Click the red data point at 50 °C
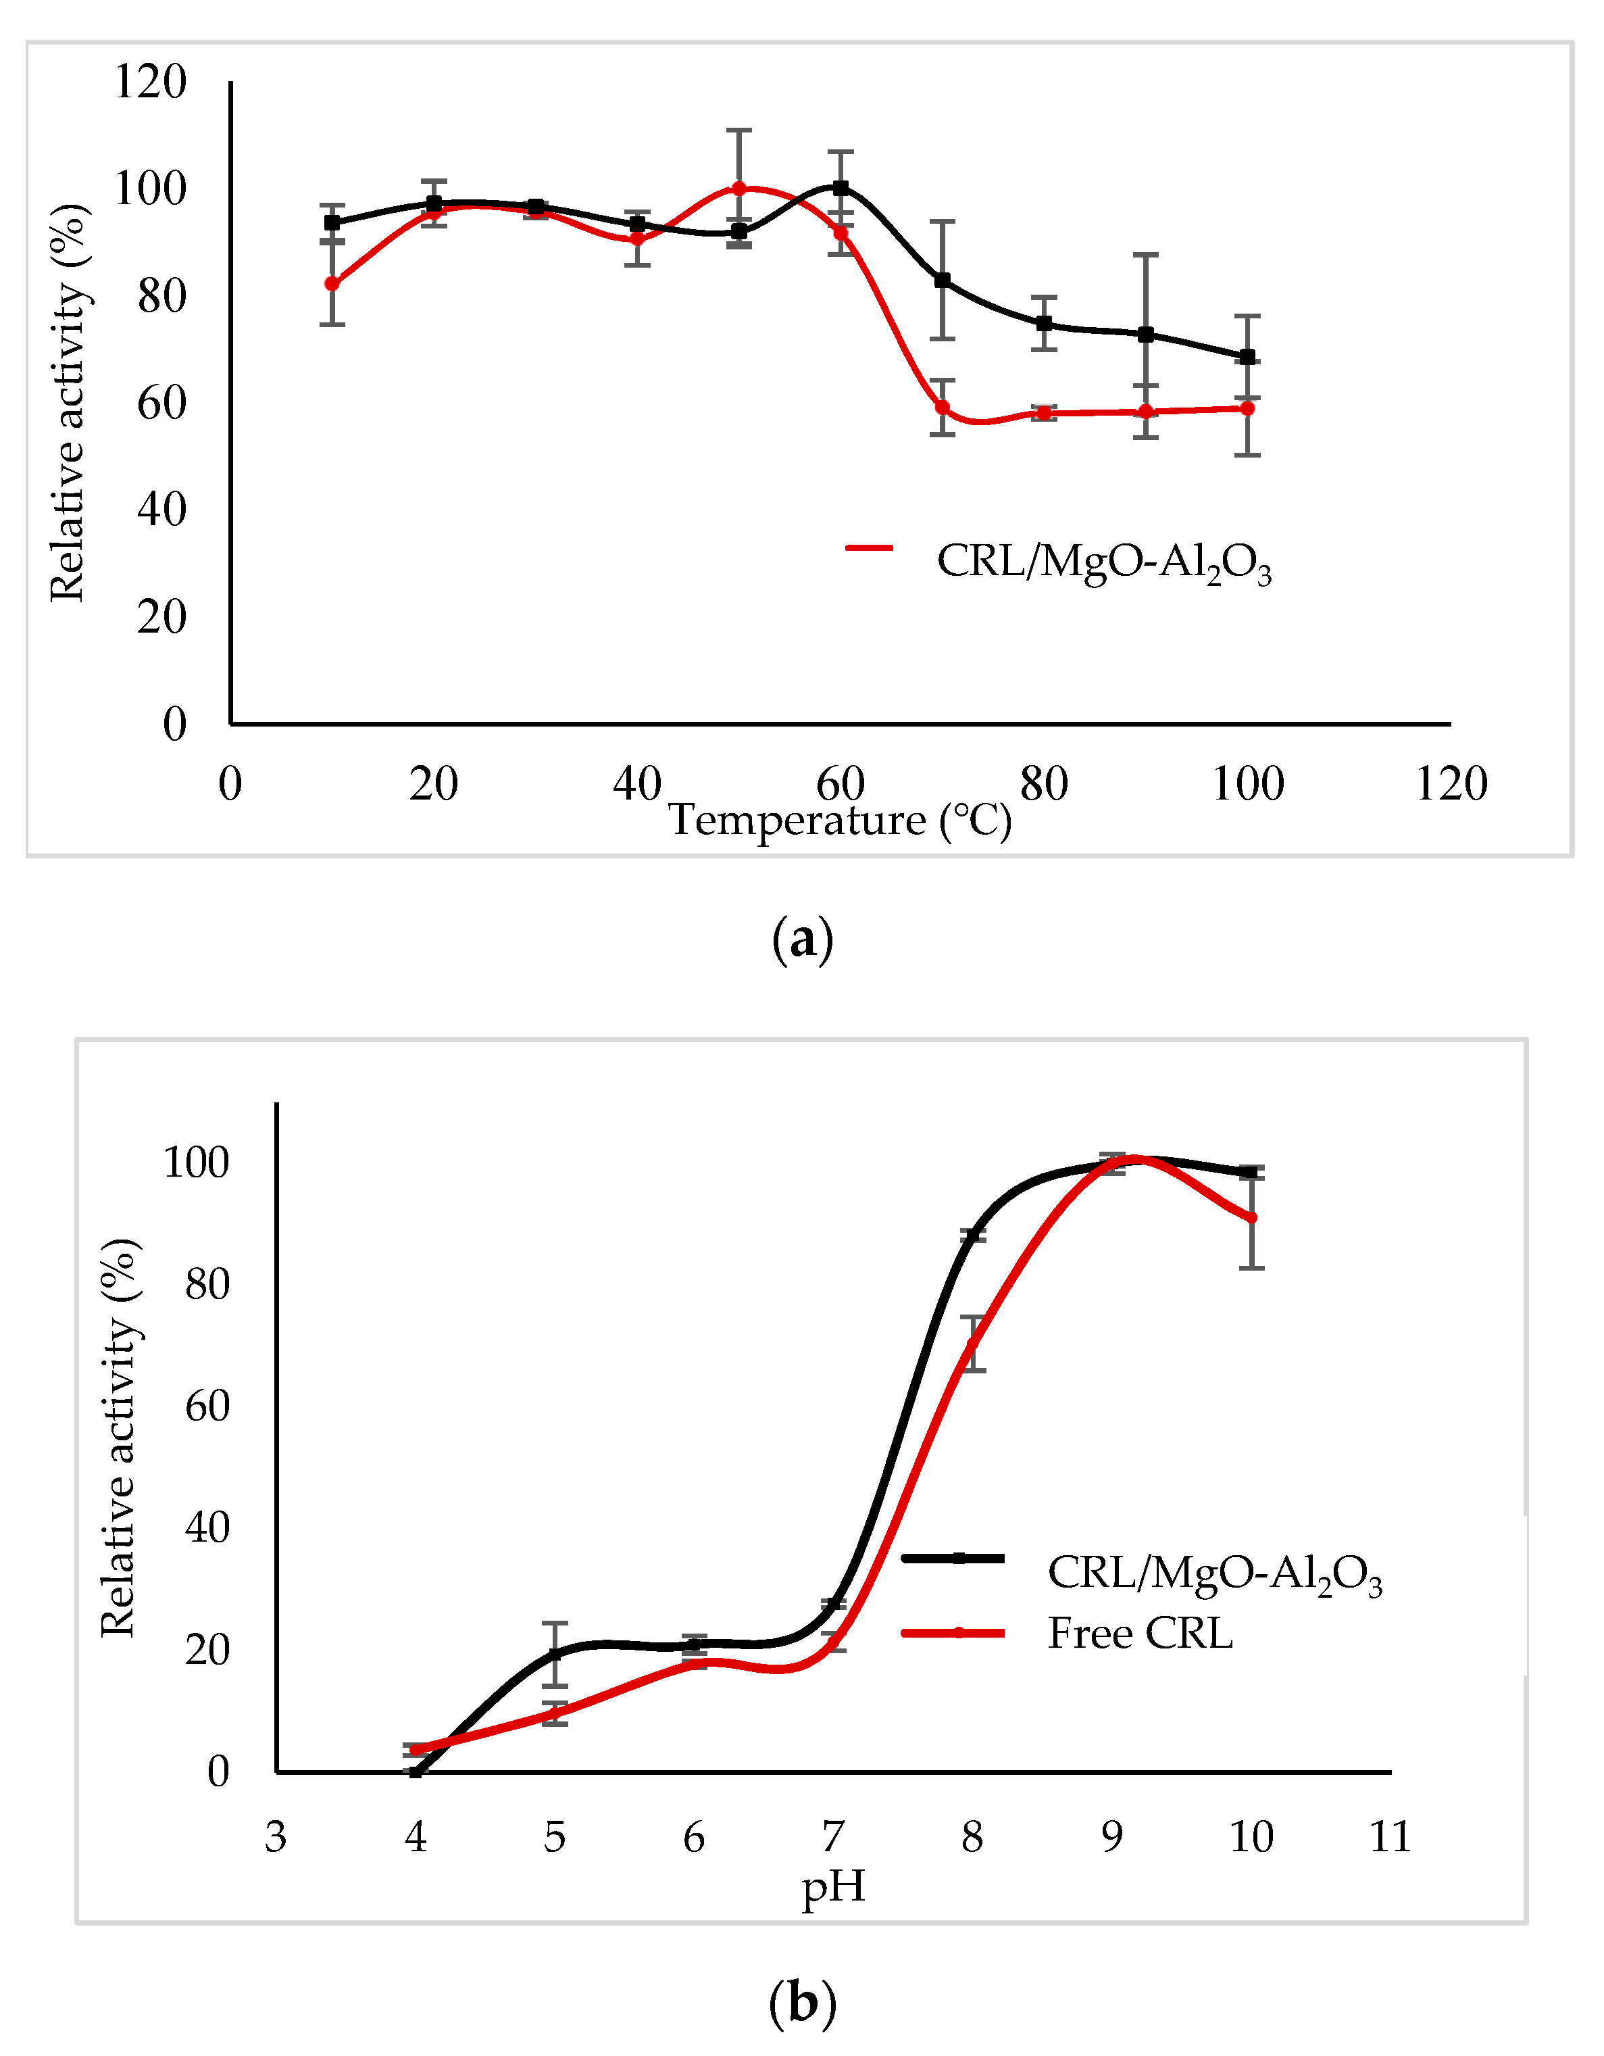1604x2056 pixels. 739,189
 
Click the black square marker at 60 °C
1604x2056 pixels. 841,189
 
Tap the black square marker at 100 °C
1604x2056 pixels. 1247,357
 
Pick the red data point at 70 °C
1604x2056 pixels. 943,408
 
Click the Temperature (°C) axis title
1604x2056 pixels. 840,820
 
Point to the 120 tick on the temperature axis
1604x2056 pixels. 1451,784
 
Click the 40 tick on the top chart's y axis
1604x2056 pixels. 162,510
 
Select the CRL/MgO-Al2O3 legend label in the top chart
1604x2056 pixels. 1103,562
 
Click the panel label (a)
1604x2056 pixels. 802,939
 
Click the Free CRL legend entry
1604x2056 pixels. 1139,1632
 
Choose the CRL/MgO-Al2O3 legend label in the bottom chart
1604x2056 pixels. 1214,1572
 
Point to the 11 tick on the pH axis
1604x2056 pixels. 1390,1836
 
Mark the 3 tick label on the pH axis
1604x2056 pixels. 276,1836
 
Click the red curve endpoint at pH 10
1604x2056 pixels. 1251,1218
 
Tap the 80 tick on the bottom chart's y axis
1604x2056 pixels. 207,1284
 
